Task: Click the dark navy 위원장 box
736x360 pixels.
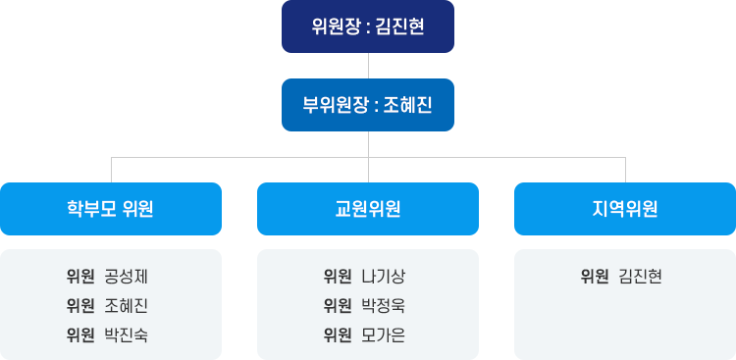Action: click(368, 26)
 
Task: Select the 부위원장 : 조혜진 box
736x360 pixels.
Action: click(368, 105)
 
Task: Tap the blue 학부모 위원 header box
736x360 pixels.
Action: click(111, 209)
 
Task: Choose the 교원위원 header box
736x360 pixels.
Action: click(368, 209)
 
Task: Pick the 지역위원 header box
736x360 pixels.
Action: click(625, 209)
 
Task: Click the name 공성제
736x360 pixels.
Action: click(126, 276)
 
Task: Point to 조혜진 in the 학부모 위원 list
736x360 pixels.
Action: click(126, 305)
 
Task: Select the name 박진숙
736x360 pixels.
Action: click(126, 334)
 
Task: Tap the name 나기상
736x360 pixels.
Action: click(383, 276)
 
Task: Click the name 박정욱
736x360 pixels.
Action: click(383, 305)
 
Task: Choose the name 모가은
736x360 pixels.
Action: click(383, 334)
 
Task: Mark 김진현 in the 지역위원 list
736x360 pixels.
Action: click(640, 276)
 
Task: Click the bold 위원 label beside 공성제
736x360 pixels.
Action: click(80, 276)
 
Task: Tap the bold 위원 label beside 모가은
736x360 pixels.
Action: click(338, 334)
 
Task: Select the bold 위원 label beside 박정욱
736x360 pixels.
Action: click(338, 305)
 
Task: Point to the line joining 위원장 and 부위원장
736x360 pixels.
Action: click(368, 66)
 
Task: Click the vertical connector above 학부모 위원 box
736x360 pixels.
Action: click(111, 169)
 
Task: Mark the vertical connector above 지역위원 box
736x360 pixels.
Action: click(625, 169)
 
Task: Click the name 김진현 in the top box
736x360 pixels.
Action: click(399, 26)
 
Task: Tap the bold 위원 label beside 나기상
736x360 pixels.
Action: click(338, 276)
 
